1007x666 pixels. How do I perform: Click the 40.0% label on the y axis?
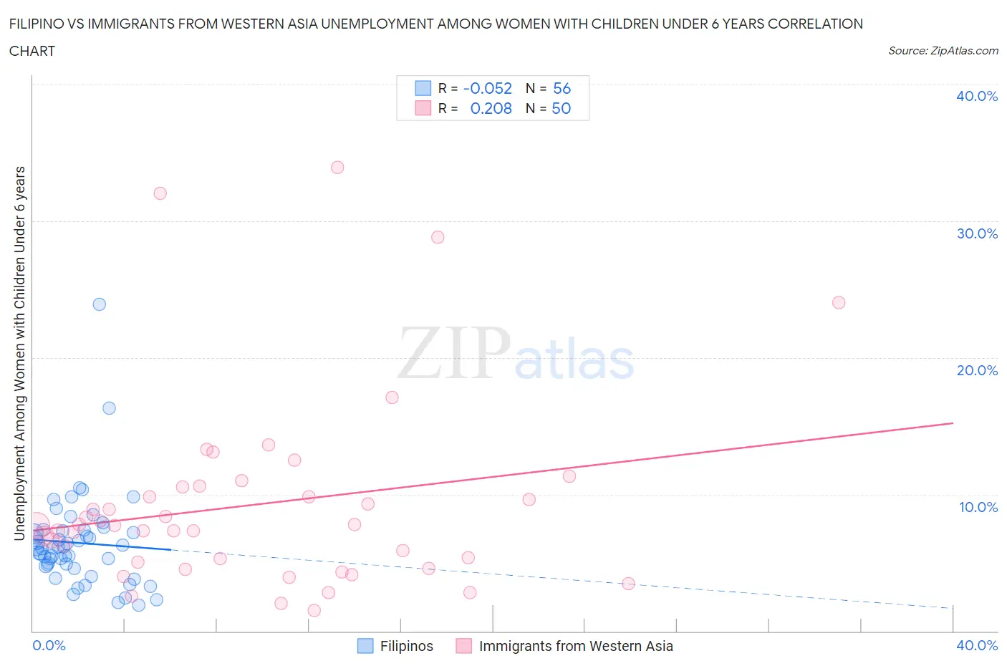point(977,96)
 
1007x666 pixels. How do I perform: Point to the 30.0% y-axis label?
point(977,233)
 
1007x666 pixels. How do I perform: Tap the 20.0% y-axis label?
point(977,370)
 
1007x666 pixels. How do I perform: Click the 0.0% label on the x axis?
point(49,645)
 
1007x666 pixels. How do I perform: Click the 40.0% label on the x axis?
point(977,645)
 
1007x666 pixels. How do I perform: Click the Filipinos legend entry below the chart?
point(406,646)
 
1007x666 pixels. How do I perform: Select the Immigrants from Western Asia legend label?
point(576,646)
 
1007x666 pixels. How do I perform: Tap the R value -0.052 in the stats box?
point(488,88)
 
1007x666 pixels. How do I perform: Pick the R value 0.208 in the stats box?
point(491,108)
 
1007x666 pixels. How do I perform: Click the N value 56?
point(562,88)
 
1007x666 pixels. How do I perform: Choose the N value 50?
point(561,108)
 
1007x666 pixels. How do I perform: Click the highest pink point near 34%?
point(337,168)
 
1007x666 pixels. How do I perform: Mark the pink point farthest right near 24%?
point(839,302)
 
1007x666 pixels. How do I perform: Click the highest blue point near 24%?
point(100,304)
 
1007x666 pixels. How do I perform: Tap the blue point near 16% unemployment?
point(109,408)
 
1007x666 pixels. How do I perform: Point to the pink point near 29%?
point(438,237)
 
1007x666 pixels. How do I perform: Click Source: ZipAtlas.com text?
point(943,50)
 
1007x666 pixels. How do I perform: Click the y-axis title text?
point(19,353)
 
